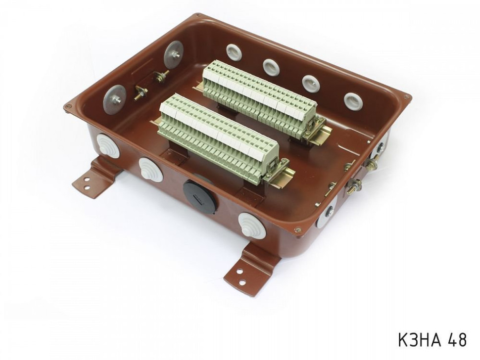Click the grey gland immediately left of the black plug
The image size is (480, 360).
pos(151,169)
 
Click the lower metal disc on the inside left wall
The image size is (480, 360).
pos(114,98)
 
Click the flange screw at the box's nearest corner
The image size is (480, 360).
pos(297,229)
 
